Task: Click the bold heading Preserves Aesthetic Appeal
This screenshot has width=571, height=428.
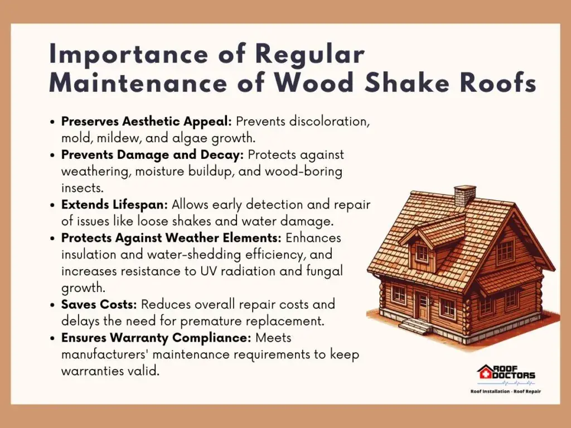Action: (x=147, y=121)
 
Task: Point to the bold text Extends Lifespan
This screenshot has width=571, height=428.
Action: (x=115, y=205)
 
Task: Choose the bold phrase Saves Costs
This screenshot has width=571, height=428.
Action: (x=99, y=304)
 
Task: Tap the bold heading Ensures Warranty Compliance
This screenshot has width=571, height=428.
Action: (x=156, y=338)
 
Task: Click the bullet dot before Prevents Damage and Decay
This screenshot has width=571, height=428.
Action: (x=54, y=155)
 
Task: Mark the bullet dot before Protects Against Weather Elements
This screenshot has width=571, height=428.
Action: (x=54, y=239)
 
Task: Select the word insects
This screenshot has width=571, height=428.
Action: (x=83, y=188)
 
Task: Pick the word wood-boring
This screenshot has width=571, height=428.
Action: (x=304, y=172)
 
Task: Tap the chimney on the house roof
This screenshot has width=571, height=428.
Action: (x=464, y=196)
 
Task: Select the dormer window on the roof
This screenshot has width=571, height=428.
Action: (x=423, y=253)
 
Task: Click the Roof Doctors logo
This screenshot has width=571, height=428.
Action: (x=506, y=374)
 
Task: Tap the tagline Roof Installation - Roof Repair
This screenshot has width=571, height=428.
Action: (x=505, y=392)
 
